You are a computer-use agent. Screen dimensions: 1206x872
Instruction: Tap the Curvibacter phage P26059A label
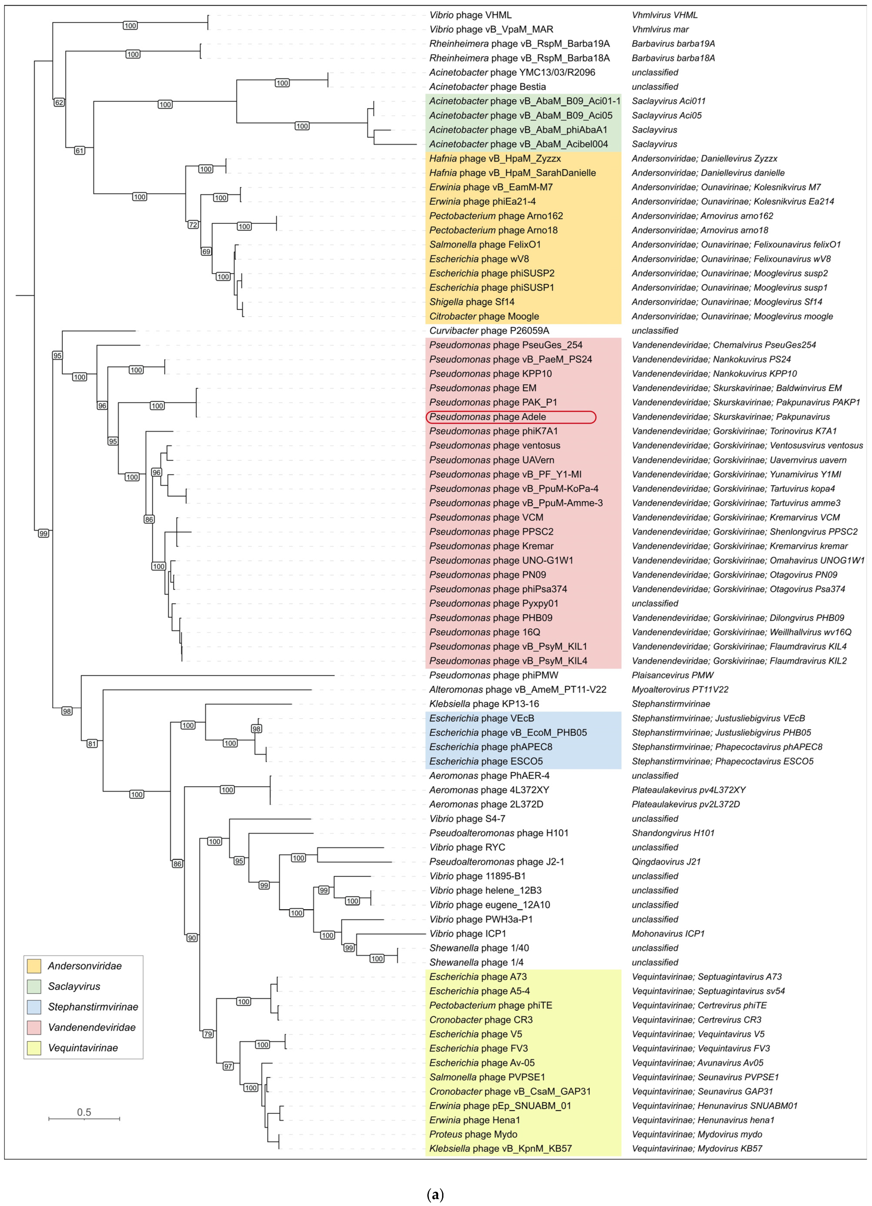pos(489,331)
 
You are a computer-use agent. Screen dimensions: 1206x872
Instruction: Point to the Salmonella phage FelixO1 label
pos(485,245)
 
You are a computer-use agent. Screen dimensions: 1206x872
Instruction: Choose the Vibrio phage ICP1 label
pos(468,934)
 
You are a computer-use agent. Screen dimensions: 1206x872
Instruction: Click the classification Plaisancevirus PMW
pos(672,675)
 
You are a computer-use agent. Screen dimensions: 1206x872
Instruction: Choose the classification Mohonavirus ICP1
pos(668,934)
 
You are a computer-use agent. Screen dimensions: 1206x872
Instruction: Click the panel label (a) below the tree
pos(435,1195)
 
